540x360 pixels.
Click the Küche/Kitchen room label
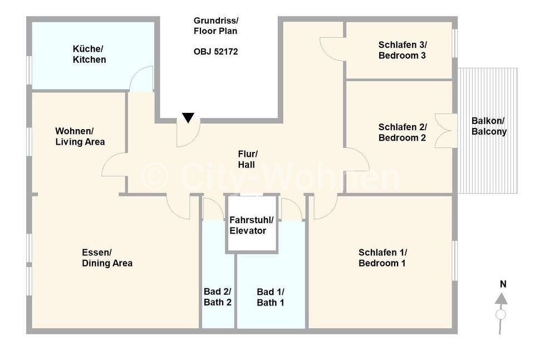[x=89, y=54]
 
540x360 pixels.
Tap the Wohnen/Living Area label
[x=80, y=136]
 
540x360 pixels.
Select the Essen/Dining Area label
[x=107, y=258]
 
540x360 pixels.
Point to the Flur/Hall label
[x=247, y=159]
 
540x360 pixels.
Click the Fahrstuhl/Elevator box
[x=252, y=224]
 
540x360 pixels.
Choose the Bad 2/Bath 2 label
[x=217, y=297]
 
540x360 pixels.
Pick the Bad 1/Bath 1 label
[x=271, y=297]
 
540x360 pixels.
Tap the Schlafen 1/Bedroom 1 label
[x=382, y=258]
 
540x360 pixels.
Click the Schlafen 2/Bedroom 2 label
[x=402, y=132]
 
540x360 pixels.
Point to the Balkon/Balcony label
[x=489, y=126]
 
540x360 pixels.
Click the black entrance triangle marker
[x=188, y=117]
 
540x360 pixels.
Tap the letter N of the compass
[x=503, y=284]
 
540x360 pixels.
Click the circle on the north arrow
[x=500, y=314]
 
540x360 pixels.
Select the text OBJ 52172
[x=216, y=52]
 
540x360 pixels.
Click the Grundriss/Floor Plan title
[x=215, y=26]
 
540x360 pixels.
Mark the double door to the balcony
[x=446, y=131]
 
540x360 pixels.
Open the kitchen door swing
[x=142, y=79]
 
